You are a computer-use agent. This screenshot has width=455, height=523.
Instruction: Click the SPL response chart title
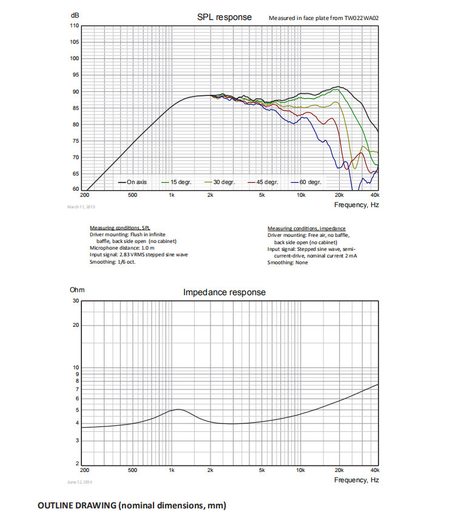pyautogui.click(x=224, y=17)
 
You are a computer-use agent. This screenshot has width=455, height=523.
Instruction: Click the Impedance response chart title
pyautogui.click(x=224, y=292)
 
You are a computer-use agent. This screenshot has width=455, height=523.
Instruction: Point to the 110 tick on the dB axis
pyautogui.click(x=74, y=26)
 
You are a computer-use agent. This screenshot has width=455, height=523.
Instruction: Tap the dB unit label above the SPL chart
pyautogui.click(x=74, y=15)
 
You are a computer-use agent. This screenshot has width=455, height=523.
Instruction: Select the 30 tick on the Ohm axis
pyautogui.click(x=75, y=301)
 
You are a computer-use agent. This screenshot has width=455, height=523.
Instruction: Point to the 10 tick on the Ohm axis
pyautogui.click(x=75, y=367)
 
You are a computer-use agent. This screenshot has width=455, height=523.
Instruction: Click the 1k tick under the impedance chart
pyautogui.click(x=172, y=470)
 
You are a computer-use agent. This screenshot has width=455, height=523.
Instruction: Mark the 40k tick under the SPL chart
pyautogui.click(x=375, y=195)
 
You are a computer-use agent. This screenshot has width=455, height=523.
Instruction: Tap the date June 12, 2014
pyautogui.click(x=79, y=482)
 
